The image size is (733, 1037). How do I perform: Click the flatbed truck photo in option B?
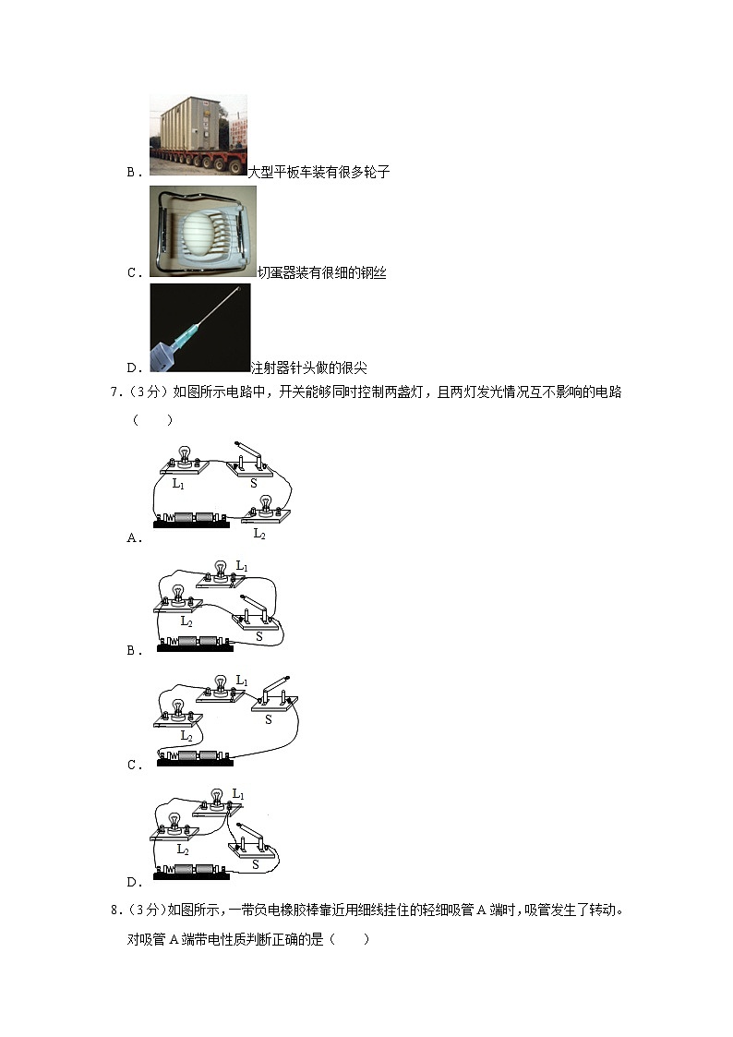(x=198, y=135)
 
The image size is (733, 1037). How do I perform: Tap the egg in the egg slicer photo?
(x=202, y=231)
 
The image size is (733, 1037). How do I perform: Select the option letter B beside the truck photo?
(x=131, y=172)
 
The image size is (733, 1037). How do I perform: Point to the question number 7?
(x=114, y=392)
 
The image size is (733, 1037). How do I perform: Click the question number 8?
(x=114, y=910)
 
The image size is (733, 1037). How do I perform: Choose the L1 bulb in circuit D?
(x=217, y=800)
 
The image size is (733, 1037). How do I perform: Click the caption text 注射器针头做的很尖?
(x=308, y=368)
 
